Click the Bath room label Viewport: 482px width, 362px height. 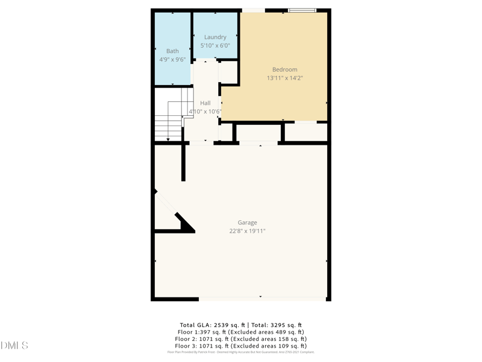173,51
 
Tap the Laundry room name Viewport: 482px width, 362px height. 215,37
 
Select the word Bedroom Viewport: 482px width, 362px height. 284,70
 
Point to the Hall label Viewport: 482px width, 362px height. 205,103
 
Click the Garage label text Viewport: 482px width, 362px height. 247,223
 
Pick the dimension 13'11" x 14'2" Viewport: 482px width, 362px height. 284,78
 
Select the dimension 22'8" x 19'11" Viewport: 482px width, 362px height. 247,231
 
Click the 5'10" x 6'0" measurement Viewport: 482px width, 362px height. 215,46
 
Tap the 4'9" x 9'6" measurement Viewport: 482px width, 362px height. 173,60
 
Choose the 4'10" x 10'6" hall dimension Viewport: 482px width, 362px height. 205,112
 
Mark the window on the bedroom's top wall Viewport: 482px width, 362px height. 302,10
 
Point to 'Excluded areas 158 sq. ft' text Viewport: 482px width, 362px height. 268,339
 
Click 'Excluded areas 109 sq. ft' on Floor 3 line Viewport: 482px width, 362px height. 268,346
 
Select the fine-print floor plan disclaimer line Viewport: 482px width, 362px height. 241,352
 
